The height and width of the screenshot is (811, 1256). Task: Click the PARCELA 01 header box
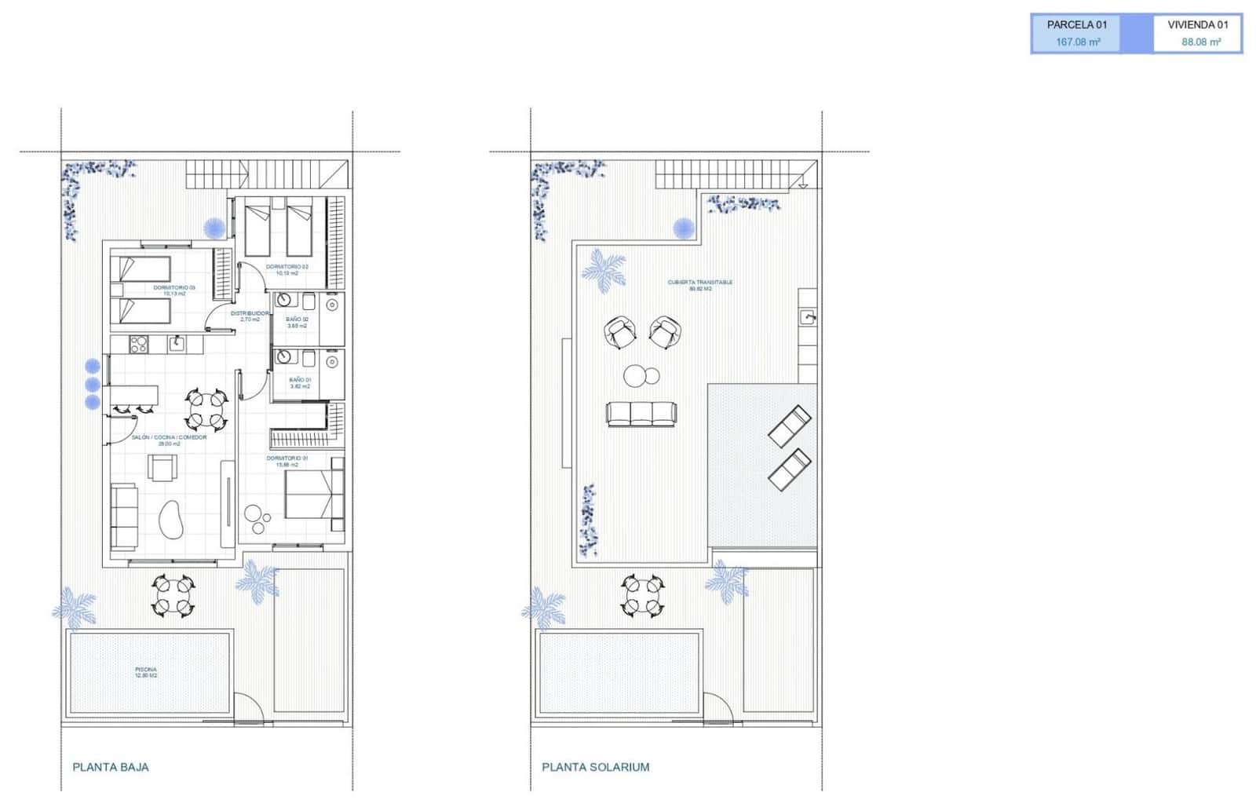[x=1076, y=25]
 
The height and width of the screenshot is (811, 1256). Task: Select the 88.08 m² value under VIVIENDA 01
[x=1201, y=42]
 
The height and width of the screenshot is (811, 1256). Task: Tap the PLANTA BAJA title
[x=110, y=767]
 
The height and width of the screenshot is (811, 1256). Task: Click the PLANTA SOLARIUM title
[x=595, y=767]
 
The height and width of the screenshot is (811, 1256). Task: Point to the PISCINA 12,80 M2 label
[x=146, y=672]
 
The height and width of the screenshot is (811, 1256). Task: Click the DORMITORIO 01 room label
[x=287, y=461]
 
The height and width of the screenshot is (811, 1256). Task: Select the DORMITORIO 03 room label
[x=174, y=290]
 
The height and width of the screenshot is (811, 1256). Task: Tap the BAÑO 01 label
[x=300, y=382]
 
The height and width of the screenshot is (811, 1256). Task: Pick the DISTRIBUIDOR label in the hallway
[x=250, y=316]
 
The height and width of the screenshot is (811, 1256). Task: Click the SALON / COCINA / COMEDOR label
[x=169, y=440]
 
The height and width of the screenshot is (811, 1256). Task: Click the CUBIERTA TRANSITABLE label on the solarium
[x=700, y=285]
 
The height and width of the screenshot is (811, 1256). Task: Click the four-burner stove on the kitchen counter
[x=139, y=344]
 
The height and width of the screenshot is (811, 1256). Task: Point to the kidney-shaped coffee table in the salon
[x=170, y=519]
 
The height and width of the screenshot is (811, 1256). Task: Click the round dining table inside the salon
[x=206, y=410]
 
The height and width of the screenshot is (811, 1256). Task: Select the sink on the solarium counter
[x=808, y=317]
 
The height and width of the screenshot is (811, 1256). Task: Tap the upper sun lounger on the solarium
[x=789, y=426]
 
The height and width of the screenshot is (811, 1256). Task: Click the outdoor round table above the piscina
[x=172, y=595]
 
